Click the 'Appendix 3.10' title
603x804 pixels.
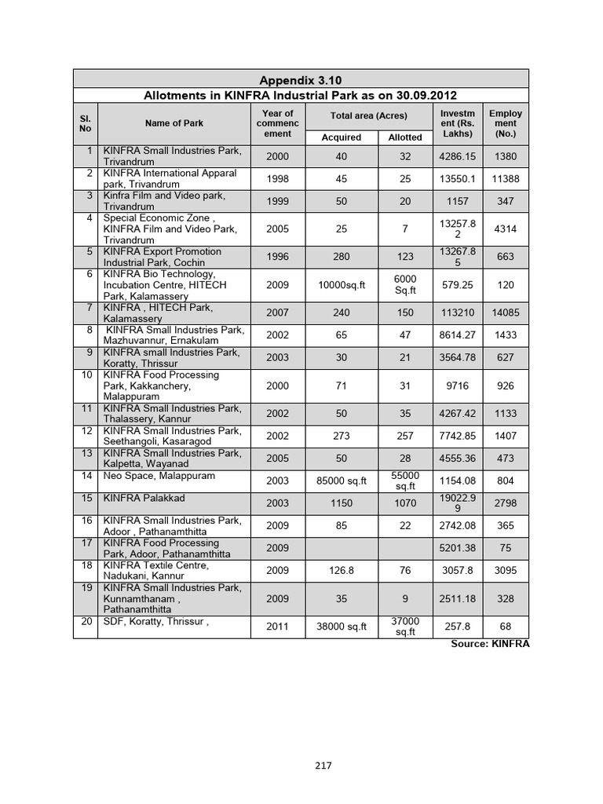[x=301, y=80]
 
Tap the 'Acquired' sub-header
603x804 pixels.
[x=342, y=137]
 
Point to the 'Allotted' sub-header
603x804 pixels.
[x=405, y=137]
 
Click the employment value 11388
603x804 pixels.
[x=506, y=179]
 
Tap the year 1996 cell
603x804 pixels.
[x=277, y=257]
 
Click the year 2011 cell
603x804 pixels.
[x=277, y=627]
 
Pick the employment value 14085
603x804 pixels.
[x=506, y=312]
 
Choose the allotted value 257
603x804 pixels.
[x=405, y=436]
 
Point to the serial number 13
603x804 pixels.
[x=87, y=453]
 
